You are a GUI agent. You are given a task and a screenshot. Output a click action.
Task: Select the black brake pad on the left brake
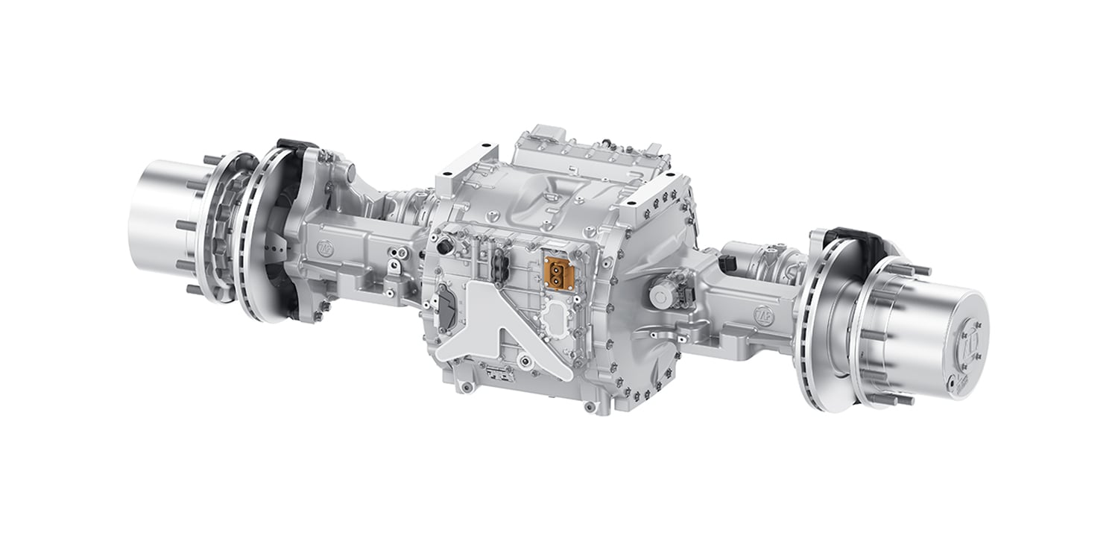click(x=292, y=150)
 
